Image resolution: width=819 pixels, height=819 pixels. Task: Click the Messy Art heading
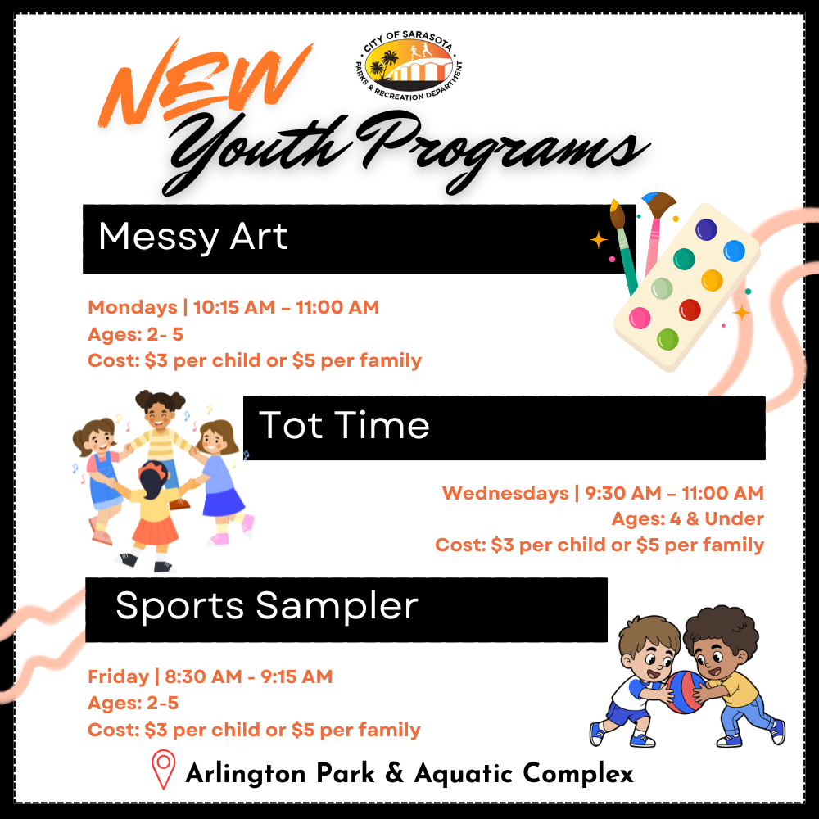(193, 238)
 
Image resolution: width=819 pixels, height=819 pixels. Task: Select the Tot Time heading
(344, 426)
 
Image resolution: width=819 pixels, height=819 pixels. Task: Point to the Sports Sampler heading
(267, 607)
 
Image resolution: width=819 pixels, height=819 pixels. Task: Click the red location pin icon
(164, 770)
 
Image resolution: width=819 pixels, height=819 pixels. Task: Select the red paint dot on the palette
(690, 310)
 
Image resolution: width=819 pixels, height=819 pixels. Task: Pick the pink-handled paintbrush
(654, 238)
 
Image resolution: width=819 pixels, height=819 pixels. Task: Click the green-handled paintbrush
(625, 254)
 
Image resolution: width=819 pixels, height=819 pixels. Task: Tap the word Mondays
(133, 308)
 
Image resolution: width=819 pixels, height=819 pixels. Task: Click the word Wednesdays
(505, 493)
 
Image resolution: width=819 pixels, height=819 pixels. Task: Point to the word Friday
(118, 676)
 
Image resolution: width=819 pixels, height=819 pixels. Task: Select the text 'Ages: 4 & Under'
(687, 518)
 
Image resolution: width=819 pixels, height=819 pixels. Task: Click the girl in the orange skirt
(155, 512)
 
